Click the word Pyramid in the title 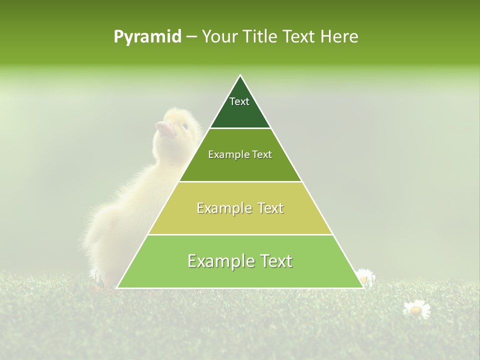pos(147,37)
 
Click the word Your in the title pos(219,37)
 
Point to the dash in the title pos(191,37)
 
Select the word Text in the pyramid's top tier pos(239,102)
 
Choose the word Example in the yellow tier pos(223,208)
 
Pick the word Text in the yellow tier pos(270,208)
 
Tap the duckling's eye pos(185,125)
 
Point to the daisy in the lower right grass pos(416,309)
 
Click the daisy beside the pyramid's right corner pos(365,276)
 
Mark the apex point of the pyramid pos(240,75)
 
